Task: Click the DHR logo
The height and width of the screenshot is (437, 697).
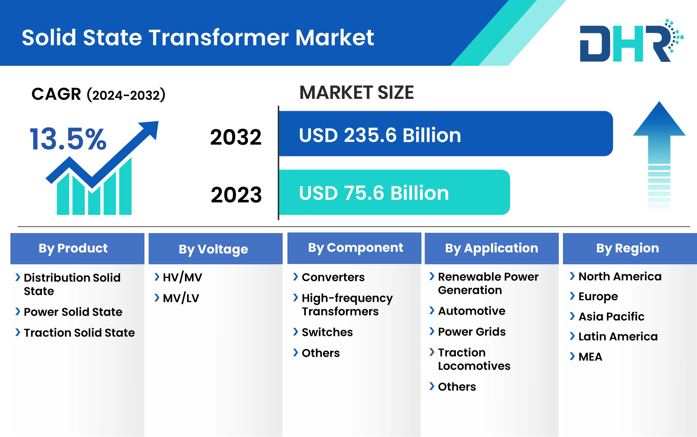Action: tap(631, 40)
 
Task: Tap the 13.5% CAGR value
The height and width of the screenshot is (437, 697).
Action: tap(68, 139)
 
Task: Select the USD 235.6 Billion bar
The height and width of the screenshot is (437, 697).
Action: tap(446, 133)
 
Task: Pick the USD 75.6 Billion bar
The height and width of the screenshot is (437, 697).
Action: tap(394, 192)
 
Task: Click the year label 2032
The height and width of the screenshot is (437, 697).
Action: tap(236, 137)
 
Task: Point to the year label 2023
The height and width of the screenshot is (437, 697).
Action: tap(236, 195)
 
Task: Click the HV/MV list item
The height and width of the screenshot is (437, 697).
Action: tap(182, 277)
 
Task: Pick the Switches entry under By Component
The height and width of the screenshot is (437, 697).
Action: tap(327, 332)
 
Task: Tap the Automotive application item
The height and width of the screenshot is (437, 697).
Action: tap(472, 311)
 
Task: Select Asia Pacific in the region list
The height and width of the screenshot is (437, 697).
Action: tap(611, 317)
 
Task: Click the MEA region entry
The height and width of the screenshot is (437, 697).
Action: tap(590, 357)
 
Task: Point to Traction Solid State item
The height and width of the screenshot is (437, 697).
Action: tap(79, 333)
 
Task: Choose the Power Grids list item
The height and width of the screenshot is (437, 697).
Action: tap(472, 332)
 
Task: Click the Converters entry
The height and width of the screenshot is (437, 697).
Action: tap(333, 277)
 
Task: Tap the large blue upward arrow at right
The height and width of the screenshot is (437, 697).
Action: tap(659, 155)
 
